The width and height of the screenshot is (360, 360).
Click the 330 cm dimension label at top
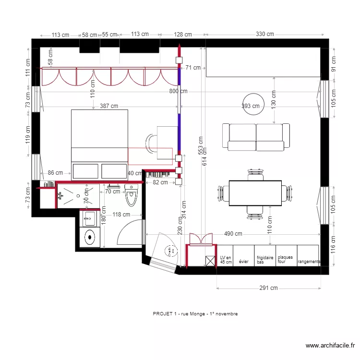click(264, 34)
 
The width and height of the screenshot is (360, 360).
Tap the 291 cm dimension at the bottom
click(268, 288)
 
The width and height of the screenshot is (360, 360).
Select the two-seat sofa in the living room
click(256, 137)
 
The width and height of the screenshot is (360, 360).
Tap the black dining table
click(255, 192)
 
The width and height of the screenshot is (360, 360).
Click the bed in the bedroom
click(99, 144)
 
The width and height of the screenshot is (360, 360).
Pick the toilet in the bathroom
click(132, 195)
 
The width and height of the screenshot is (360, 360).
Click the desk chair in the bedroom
click(152, 144)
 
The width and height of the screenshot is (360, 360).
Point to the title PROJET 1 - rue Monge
click(195, 313)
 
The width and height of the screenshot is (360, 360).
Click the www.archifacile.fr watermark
click(331, 346)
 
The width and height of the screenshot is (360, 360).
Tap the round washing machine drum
click(89, 237)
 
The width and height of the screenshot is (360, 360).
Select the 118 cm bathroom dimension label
click(121, 215)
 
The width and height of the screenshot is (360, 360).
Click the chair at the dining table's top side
click(254, 174)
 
